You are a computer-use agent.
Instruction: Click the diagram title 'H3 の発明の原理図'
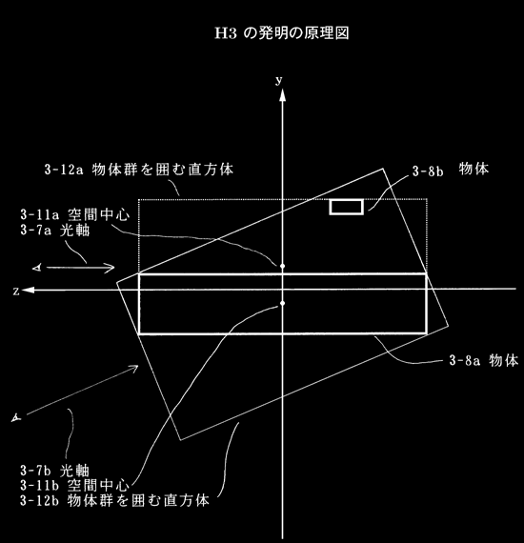[x=282, y=33]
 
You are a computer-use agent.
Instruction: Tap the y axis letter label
[x=279, y=80]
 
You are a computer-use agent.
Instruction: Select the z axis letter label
[x=16, y=292]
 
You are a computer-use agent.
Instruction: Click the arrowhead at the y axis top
[x=283, y=95]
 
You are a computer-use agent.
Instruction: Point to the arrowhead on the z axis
[x=28, y=290]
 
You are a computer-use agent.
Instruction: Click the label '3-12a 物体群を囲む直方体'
[x=139, y=170]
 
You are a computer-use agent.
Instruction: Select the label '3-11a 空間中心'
[x=75, y=214]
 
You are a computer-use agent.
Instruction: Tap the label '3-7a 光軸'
[x=54, y=230]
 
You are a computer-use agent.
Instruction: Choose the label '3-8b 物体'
[x=451, y=170]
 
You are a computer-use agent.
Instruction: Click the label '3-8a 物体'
[x=484, y=361]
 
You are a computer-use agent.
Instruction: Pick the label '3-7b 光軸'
[x=54, y=471]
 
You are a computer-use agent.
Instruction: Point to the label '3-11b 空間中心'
[x=75, y=486]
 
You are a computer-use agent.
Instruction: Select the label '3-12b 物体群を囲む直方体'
[x=114, y=501]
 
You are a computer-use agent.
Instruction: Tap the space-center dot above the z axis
[x=283, y=266]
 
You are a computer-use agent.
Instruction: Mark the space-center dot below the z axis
[x=283, y=303]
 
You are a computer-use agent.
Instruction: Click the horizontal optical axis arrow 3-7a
[x=80, y=268]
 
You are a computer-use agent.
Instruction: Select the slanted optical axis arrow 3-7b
[x=83, y=390]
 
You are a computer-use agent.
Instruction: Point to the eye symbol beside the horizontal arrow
[x=37, y=268]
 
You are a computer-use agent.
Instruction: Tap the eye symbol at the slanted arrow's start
[x=16, y=418]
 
